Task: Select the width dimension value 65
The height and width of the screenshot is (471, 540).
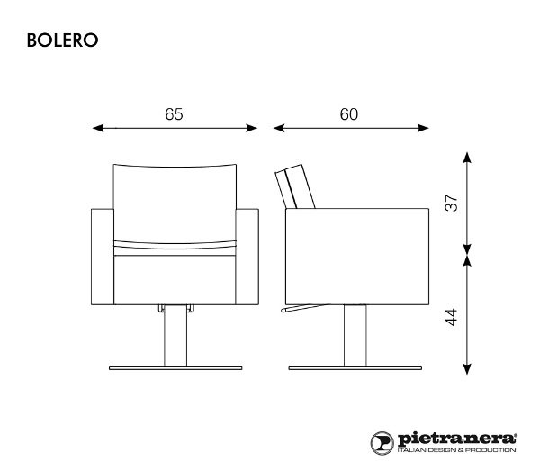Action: tap(175, 114)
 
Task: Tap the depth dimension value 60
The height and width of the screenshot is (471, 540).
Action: tap(349, 114)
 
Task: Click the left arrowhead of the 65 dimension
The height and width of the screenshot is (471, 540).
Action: tap(98, 129)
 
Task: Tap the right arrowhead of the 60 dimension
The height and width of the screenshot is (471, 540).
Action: tap(426, 129)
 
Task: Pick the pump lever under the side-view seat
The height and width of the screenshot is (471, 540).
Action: tap(301, 312)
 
